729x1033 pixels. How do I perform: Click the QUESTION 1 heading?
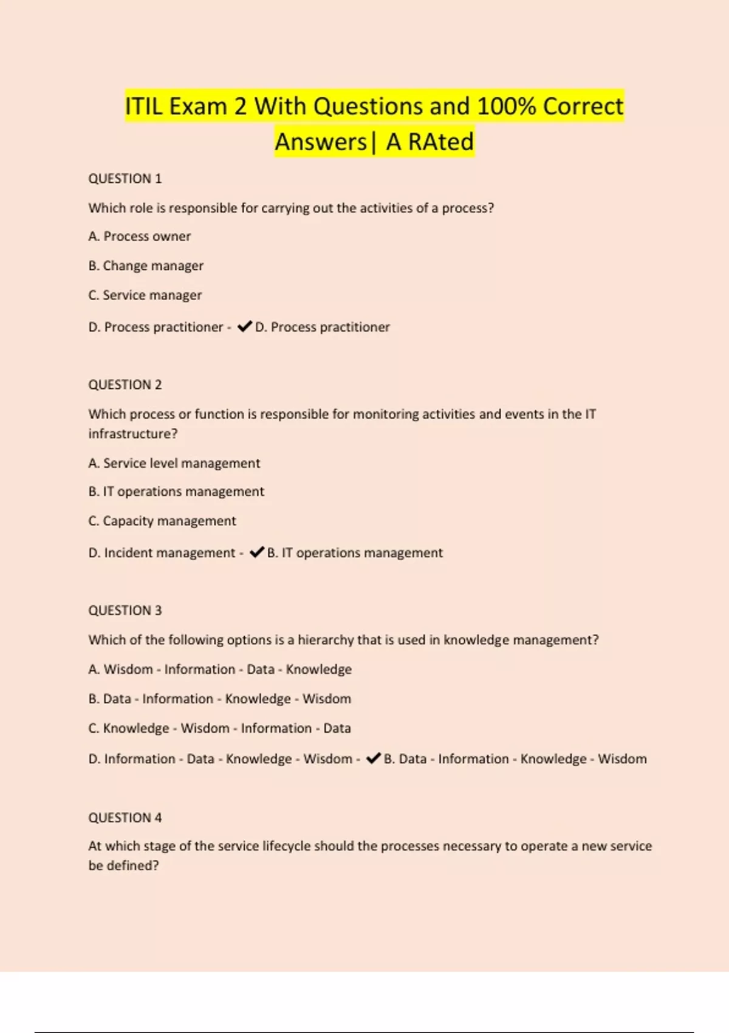[125, 179]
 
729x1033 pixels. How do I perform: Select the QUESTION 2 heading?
[125, 385]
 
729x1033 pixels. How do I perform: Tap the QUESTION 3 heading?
[125, 610]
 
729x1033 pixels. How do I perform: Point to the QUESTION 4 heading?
[125, 817]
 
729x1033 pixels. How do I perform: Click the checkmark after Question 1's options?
[244, 326]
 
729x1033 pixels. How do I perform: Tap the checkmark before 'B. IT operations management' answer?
[256, 552]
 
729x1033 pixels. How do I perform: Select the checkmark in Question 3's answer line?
[373, 758]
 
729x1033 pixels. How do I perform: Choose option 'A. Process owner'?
[139, 236]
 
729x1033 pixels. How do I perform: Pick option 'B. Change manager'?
[146, 266]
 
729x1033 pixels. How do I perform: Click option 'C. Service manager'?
[145, 295]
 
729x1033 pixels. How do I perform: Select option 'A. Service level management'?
[174, 463]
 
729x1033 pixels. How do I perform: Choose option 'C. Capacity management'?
[162, 521]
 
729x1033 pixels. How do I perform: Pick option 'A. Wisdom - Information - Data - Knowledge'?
[219, 669]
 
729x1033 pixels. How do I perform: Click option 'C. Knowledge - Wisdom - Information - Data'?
[219, 728]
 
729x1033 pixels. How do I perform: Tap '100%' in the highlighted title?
[506, 106]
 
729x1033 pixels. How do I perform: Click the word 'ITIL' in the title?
[143, 106]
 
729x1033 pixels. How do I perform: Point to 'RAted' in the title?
[440, 142]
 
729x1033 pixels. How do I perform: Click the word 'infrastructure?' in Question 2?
[132, 434]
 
